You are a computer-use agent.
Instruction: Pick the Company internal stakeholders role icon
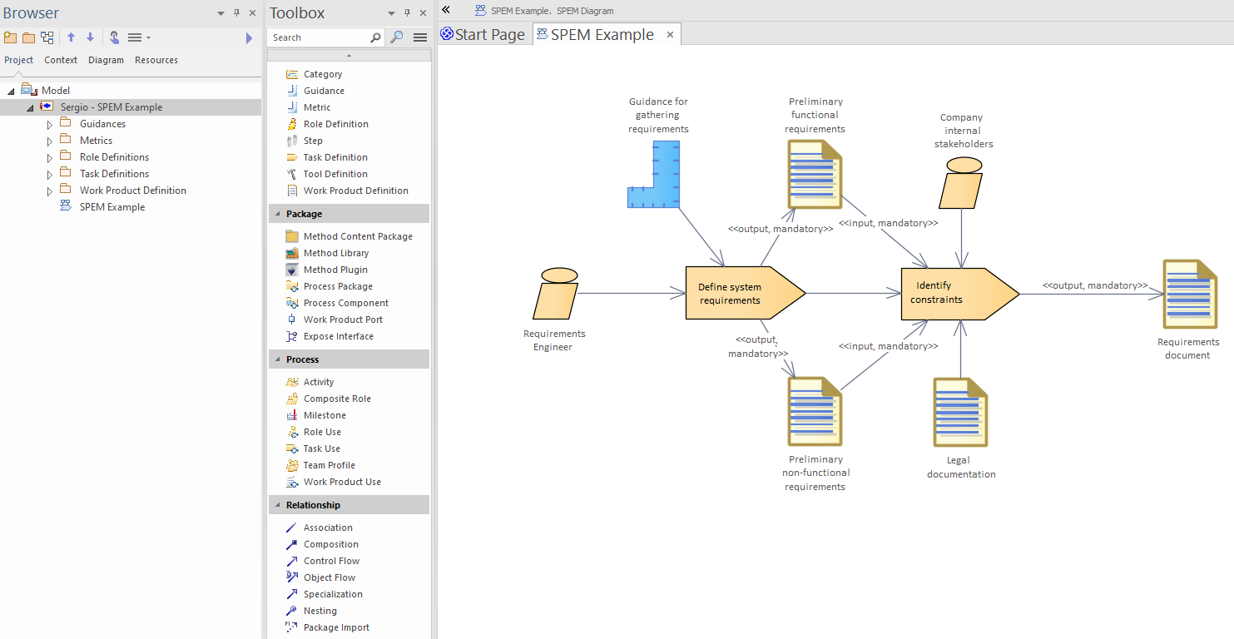pos(962,182)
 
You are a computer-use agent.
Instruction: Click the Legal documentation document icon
pos(959,413)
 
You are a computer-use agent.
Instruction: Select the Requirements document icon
pos(1189,294)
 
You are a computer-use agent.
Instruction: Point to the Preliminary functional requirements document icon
pos(815,174)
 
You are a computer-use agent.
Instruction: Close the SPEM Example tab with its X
pos(670,34)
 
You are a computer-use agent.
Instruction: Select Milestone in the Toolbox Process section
pos(325,415)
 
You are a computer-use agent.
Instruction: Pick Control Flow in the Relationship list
pos(331,561)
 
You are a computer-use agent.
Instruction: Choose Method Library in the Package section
pos(335,253)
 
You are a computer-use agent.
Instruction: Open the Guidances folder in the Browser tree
pos(102,124)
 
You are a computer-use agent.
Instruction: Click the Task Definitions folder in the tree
pos(114,174)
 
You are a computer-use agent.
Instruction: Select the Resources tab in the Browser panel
pos(156,60)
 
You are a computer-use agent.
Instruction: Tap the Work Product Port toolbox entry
pos(343,319)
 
